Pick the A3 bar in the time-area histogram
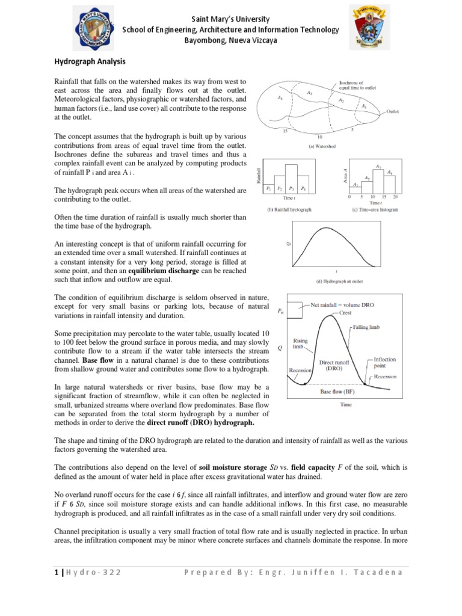point(378,178)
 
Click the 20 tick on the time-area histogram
point(395,197)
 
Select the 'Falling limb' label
point(371,327)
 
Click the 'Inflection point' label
point(385,362)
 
